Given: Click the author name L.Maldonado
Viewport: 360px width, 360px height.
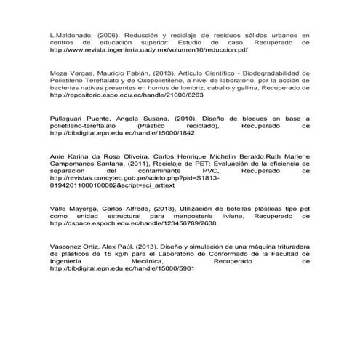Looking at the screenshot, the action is pyautogui.click(x=70, y=35).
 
